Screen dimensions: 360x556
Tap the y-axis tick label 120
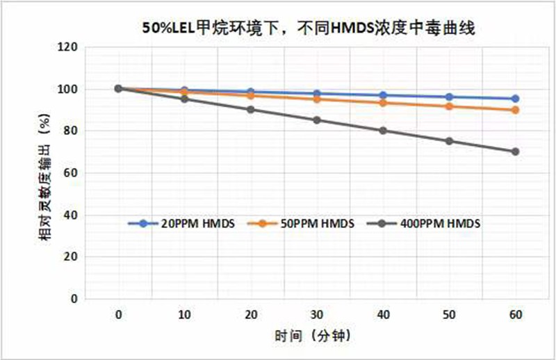click(67, 48)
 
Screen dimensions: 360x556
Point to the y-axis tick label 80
click(70, 131)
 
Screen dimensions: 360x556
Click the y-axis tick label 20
click(70, 257)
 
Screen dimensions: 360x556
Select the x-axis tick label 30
click(317, 315)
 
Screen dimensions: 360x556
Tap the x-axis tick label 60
click(515, 315)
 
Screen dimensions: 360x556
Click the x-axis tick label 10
click(184, 315)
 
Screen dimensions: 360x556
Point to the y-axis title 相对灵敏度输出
click(43, 174)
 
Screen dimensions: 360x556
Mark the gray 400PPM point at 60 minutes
click(515, 152)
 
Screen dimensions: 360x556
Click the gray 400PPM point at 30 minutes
click(317, 120)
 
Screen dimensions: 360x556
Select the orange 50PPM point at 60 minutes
click(515, 110)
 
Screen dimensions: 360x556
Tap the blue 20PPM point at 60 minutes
click(515, 99)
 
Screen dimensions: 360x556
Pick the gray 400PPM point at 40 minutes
click(383, 131)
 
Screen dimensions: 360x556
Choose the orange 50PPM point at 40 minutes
click(383, 103)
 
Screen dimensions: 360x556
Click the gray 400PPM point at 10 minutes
click(184, 99)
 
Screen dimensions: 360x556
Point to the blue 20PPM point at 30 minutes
click(317, 93)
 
